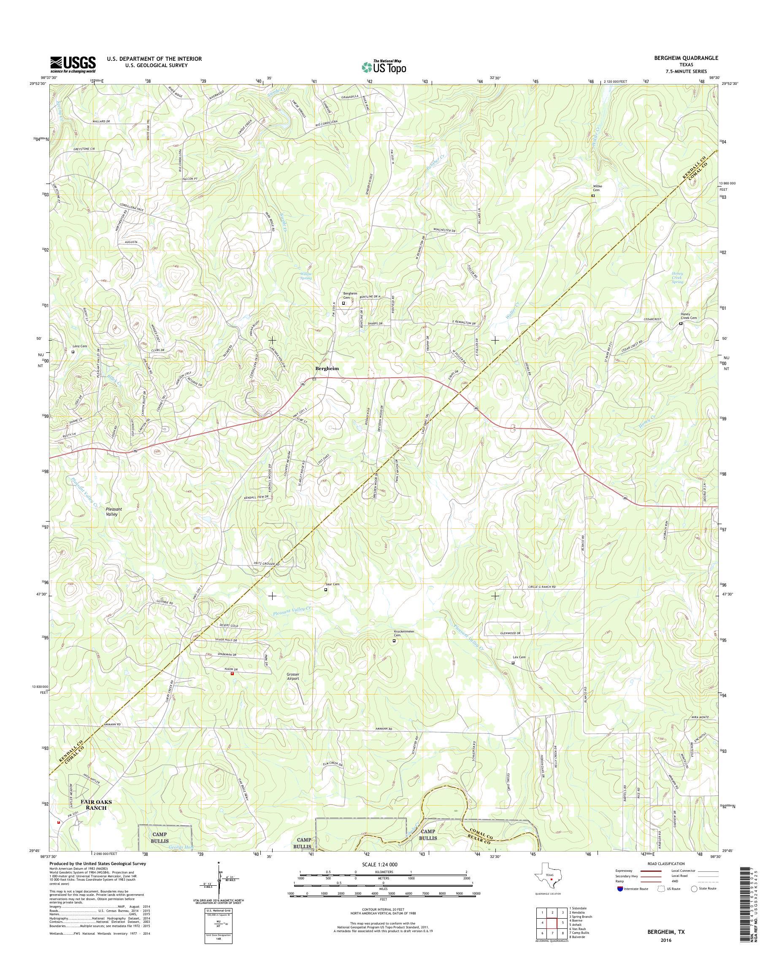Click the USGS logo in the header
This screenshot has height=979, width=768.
[73, 64]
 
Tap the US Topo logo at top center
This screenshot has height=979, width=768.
[384, 67]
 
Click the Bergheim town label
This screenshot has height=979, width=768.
[327, 368]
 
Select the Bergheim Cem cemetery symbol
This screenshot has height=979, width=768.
[344, 303]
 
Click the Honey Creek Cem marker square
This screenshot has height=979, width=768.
[680, 323]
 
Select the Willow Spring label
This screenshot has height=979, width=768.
[306, 276]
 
